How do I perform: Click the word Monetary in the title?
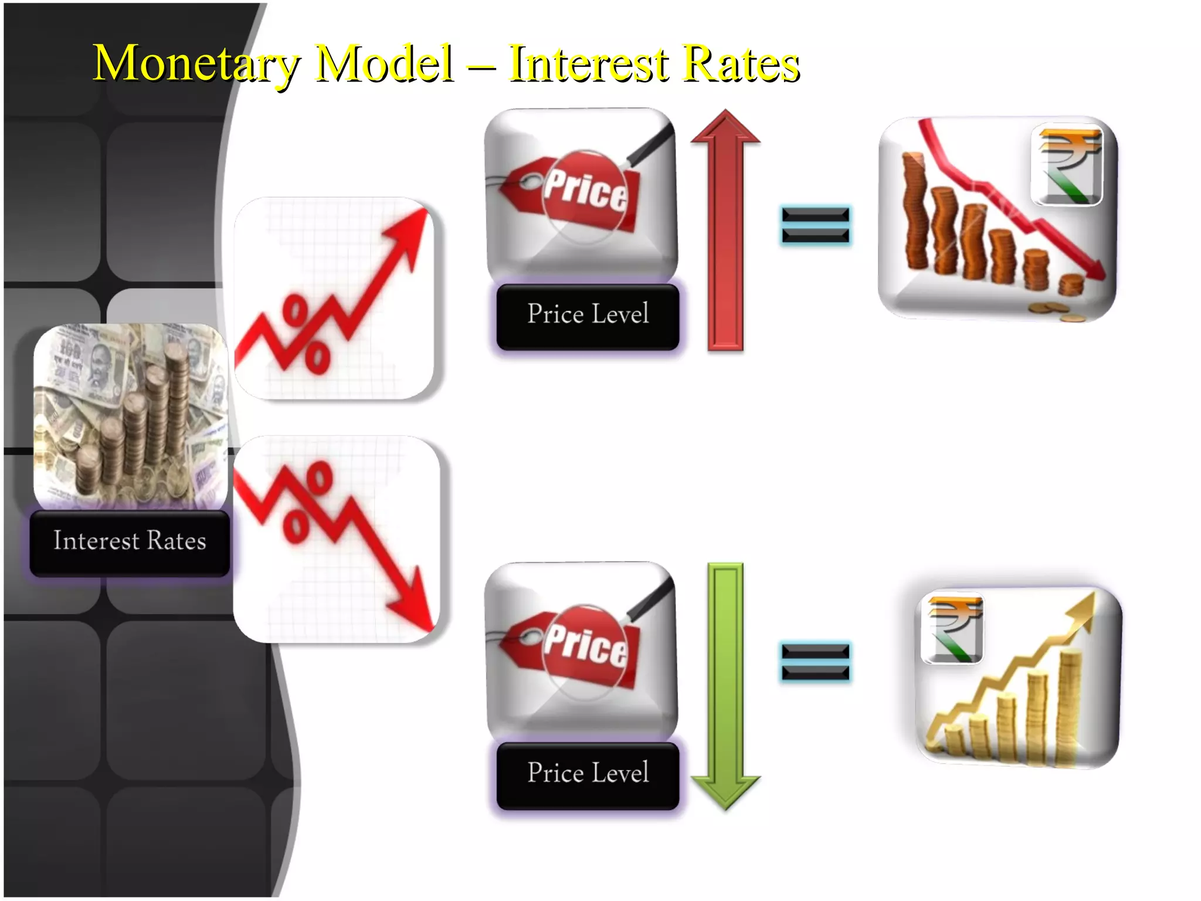196,63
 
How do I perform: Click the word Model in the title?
384,63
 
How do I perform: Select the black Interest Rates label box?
130,541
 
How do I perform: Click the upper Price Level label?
588,315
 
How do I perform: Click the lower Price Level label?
588,774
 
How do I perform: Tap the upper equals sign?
815,225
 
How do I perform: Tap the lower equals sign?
815,662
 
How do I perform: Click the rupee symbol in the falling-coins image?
1067,165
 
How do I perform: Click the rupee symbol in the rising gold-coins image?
952,627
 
